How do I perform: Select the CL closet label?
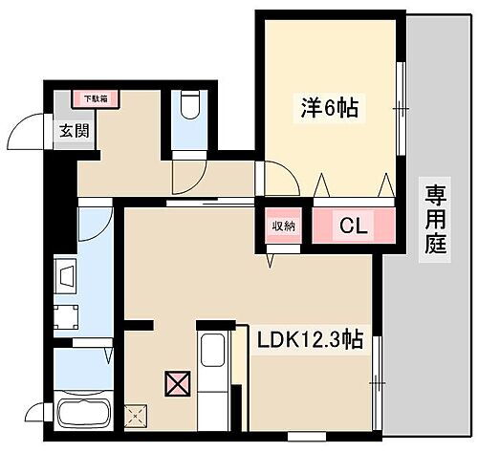[351, 226]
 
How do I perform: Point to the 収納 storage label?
[283, 226]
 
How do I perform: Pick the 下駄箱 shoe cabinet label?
[95, 97]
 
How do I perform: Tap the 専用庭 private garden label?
[436, 219]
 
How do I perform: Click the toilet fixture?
[188, 105]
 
